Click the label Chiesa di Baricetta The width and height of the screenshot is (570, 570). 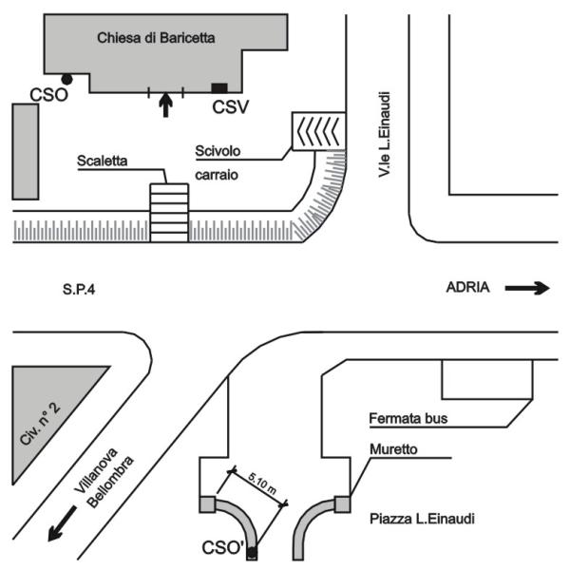[158, 38]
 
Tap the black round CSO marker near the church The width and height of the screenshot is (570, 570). [66, 80]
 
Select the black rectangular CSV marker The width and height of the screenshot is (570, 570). [219, 87]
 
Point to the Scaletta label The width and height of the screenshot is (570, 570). [104, 162]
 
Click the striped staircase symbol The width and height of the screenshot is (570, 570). [169, 212]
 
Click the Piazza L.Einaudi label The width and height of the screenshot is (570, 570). [421, 520]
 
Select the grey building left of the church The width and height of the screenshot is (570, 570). [25, 151]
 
